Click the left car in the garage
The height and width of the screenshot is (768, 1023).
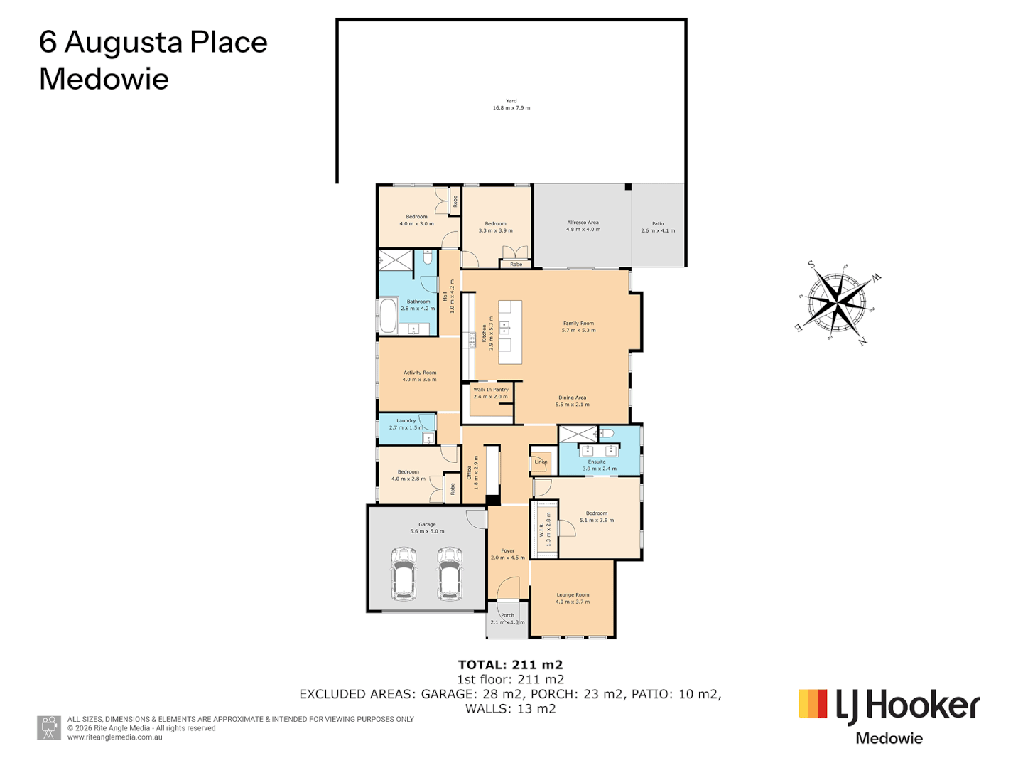(x=404, y=573)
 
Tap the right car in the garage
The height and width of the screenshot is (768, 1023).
(x=450, y=573)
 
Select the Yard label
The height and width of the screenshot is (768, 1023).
(x=511, y=105)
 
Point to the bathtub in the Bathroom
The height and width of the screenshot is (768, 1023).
(x=388, y=316)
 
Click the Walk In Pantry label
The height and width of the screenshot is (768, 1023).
(x=491, y=393)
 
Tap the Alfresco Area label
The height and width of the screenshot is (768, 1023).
(x=583, y=226)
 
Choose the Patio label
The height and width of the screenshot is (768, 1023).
(x=658, y=227)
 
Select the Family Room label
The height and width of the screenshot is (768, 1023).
(x=578, y=326)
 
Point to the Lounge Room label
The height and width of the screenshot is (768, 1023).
(x=573, y=598)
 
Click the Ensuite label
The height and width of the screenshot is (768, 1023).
(x=597, y=465)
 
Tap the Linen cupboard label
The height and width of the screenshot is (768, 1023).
(x=541, y=462)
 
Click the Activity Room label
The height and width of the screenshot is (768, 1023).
(x=420, y=376)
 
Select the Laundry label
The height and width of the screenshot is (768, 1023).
(x=406, y=424)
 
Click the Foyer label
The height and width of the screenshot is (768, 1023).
(x=508, y=554)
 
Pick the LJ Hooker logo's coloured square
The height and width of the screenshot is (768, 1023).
(x=813, y=703)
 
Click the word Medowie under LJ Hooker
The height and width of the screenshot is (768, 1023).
(x=889, y=738)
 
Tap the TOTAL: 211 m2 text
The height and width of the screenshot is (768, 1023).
(x=510, y=665)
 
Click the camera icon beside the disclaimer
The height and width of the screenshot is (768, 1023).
(x=49, y=727)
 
